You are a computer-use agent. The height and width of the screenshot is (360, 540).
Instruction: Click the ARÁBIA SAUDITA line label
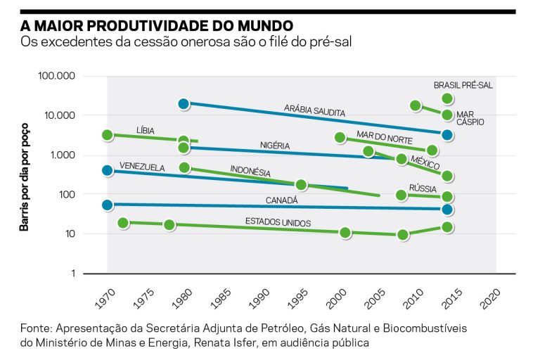(x=314, y=110)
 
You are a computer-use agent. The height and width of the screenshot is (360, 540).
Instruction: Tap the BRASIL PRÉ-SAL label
(x=463, y=85)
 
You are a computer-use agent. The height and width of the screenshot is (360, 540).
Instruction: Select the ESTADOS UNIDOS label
(x=278, y=222)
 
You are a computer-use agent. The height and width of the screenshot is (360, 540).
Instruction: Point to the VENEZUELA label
(x=142, y=167)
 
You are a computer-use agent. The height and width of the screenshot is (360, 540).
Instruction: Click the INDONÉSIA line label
(x=250, y=171)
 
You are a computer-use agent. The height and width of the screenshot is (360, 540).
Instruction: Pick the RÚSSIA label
(x=423, y=189)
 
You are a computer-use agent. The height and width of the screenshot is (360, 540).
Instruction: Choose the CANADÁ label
(x=281, y=200)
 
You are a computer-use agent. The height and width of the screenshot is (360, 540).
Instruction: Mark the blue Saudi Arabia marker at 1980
(x=184, y=104)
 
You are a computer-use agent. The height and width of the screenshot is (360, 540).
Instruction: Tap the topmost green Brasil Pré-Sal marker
(x=447, y=98)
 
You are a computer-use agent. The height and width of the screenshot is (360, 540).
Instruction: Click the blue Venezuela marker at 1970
(x=108, y=170)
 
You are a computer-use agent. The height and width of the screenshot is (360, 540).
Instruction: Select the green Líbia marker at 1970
(x=108, y=135)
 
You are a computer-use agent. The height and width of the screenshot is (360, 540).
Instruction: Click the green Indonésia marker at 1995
(x=302, y=185)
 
